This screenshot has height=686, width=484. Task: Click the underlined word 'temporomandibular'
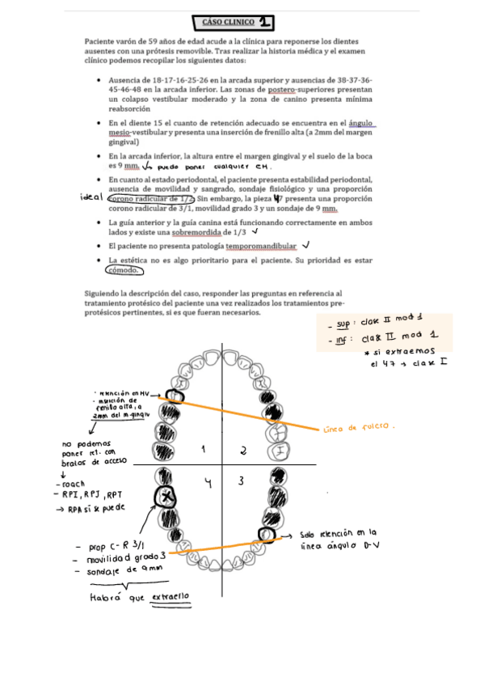click(261, 246)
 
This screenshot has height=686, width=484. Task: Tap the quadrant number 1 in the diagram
click(204, 448)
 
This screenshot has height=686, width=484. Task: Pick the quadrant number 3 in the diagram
click(240, 482)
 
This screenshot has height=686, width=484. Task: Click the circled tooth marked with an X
click(167, 496)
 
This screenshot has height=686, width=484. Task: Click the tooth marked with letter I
click(278, 450)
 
